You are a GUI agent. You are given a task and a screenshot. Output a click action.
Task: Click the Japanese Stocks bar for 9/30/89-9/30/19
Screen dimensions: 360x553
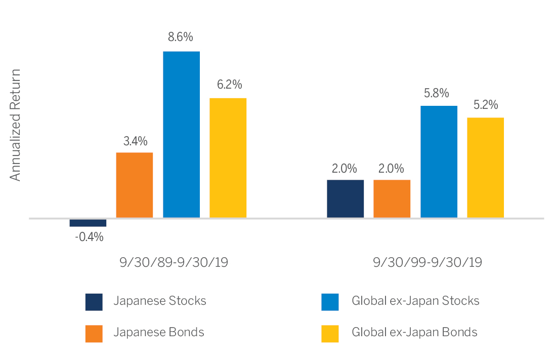pos(88,223)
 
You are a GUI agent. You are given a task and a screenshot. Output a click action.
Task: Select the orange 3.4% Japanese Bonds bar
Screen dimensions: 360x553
pos(135,185)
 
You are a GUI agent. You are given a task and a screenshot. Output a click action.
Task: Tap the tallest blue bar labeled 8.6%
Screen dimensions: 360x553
pos(181,135)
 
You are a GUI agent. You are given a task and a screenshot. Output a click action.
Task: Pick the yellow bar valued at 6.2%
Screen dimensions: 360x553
pos(228,158)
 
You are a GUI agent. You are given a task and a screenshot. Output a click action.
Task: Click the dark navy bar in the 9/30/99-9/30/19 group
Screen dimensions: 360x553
pos(345,199)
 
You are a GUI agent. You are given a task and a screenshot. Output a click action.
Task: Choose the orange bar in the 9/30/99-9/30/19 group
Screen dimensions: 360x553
pos(392,199)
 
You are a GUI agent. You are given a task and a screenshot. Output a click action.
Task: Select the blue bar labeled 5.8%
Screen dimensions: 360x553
pos(439,162)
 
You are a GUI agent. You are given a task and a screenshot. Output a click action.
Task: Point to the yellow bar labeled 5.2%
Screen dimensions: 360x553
pos(485,168)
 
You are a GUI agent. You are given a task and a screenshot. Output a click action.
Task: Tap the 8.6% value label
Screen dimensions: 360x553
pos(181,37)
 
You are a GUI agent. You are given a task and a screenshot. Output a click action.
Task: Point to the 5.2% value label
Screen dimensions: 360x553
pos(485,105)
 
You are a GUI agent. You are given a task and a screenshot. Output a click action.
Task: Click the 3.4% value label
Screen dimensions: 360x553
pos(135,140)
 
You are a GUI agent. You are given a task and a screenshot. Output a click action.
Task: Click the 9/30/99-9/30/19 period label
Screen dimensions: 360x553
pos(427,263)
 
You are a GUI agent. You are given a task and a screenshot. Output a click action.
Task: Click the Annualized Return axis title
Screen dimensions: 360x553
pos(16,125)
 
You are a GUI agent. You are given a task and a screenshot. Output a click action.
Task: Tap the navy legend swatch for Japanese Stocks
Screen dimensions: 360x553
pos(94,301)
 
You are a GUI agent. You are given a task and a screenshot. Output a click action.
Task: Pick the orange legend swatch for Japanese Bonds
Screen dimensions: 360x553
pos(94,333)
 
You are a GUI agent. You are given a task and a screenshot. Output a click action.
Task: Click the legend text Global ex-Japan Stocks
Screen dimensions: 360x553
pos(415,301)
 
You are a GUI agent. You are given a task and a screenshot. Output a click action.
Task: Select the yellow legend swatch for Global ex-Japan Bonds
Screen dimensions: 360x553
pos(330,333)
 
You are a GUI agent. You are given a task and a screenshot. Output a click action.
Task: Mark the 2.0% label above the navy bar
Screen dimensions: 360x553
pos(345,168)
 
